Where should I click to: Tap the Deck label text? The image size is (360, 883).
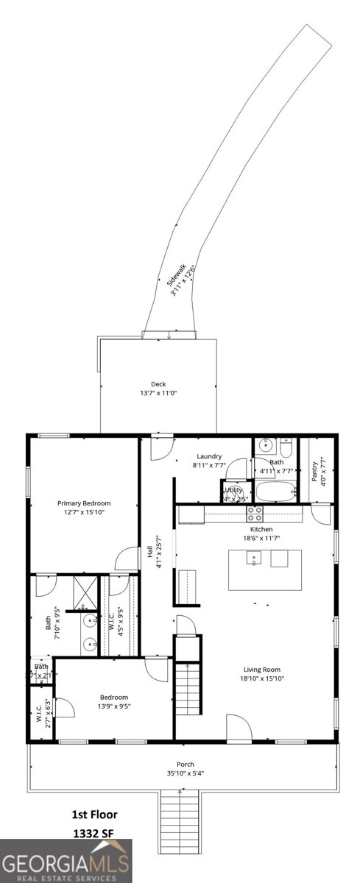point(158,383)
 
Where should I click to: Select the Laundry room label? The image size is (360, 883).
point(209,456)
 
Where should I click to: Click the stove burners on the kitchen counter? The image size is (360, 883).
point(255,513)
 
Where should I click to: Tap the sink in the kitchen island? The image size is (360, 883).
point(255,558)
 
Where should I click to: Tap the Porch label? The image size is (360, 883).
point(185,764)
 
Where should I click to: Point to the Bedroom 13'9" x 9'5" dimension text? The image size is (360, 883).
point(114,706)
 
